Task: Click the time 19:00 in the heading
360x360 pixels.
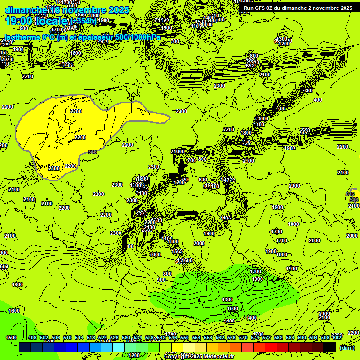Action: pyautogui.click(x=19, y=21)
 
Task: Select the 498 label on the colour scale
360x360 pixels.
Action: pyautogui.click(x=32, y=337)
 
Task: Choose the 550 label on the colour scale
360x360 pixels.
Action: pyautogui.click(x=185, y=337)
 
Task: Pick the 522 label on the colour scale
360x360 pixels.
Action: pyautogui.click(x=103, y=337)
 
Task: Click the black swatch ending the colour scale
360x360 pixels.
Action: pyautogui.click(x=330, y=347)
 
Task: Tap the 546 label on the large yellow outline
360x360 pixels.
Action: pyautogui.click(x=92, y=151)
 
